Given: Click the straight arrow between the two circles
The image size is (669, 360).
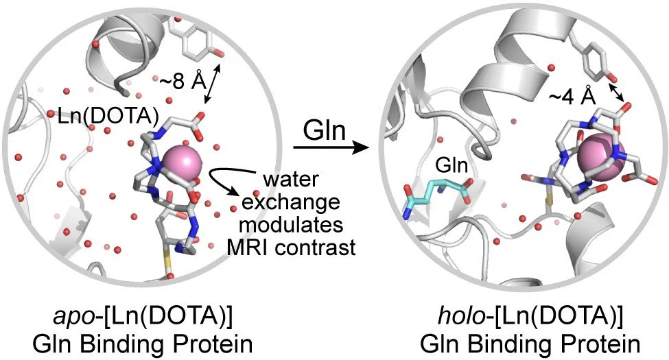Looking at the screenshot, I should click(329, 147).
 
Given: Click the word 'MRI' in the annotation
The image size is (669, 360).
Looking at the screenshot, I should click(253, 245).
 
